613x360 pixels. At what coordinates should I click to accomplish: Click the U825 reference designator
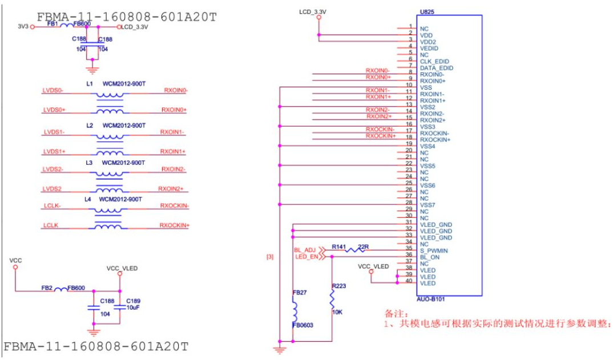click(x=427, y=12)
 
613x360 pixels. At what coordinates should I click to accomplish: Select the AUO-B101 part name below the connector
click(x=431, y=299)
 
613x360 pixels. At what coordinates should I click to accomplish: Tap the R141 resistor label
click(x=339, y=246)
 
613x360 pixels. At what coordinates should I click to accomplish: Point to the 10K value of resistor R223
click(x=337, y=312)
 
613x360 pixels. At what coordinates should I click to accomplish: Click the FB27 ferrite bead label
click(x=300, y=292)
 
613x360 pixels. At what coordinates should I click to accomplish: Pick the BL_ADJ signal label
click(x=305, y=250)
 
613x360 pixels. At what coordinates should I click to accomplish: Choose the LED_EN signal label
click(x=306, y=256)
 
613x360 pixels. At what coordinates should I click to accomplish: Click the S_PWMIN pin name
click(x=434, y=250)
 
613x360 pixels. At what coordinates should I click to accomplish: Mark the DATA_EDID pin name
click(x=437, y=68)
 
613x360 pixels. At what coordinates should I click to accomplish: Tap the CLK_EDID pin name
click(x=435, y=62)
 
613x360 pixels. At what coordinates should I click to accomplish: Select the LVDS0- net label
click(x=53, y=90)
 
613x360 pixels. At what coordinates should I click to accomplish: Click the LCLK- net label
click(x=52, y=205)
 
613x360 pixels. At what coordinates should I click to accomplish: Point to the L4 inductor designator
click(x=88, y=199)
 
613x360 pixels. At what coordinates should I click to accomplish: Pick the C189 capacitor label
click(x=134, y=301)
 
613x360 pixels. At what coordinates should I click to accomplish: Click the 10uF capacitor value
click(x=133, y=308)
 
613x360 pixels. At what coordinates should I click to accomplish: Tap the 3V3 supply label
click(x=23, y=27)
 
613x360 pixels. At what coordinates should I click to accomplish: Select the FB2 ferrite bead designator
click(x=47, y=288)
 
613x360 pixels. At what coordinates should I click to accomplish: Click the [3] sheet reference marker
click(x=270, y=257)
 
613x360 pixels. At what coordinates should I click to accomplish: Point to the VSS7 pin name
click(x=428, y=205)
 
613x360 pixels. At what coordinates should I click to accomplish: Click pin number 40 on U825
click(x=409, y=281)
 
